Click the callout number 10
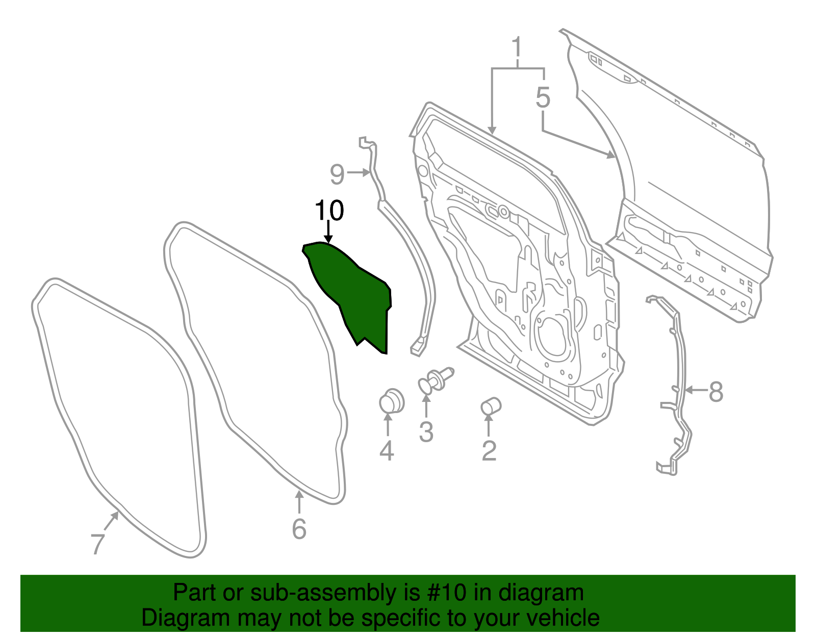click(329, 210)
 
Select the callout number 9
click(337, 174)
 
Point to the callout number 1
click(517, 48)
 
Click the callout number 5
click(543, 97)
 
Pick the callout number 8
click(716, 392)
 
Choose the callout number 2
click(489, 450)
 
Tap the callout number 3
click(426, 432)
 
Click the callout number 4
click(387, 451)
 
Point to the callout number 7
click(97, 544)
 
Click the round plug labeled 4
click(391, 401)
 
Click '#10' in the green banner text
click(444, 593)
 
